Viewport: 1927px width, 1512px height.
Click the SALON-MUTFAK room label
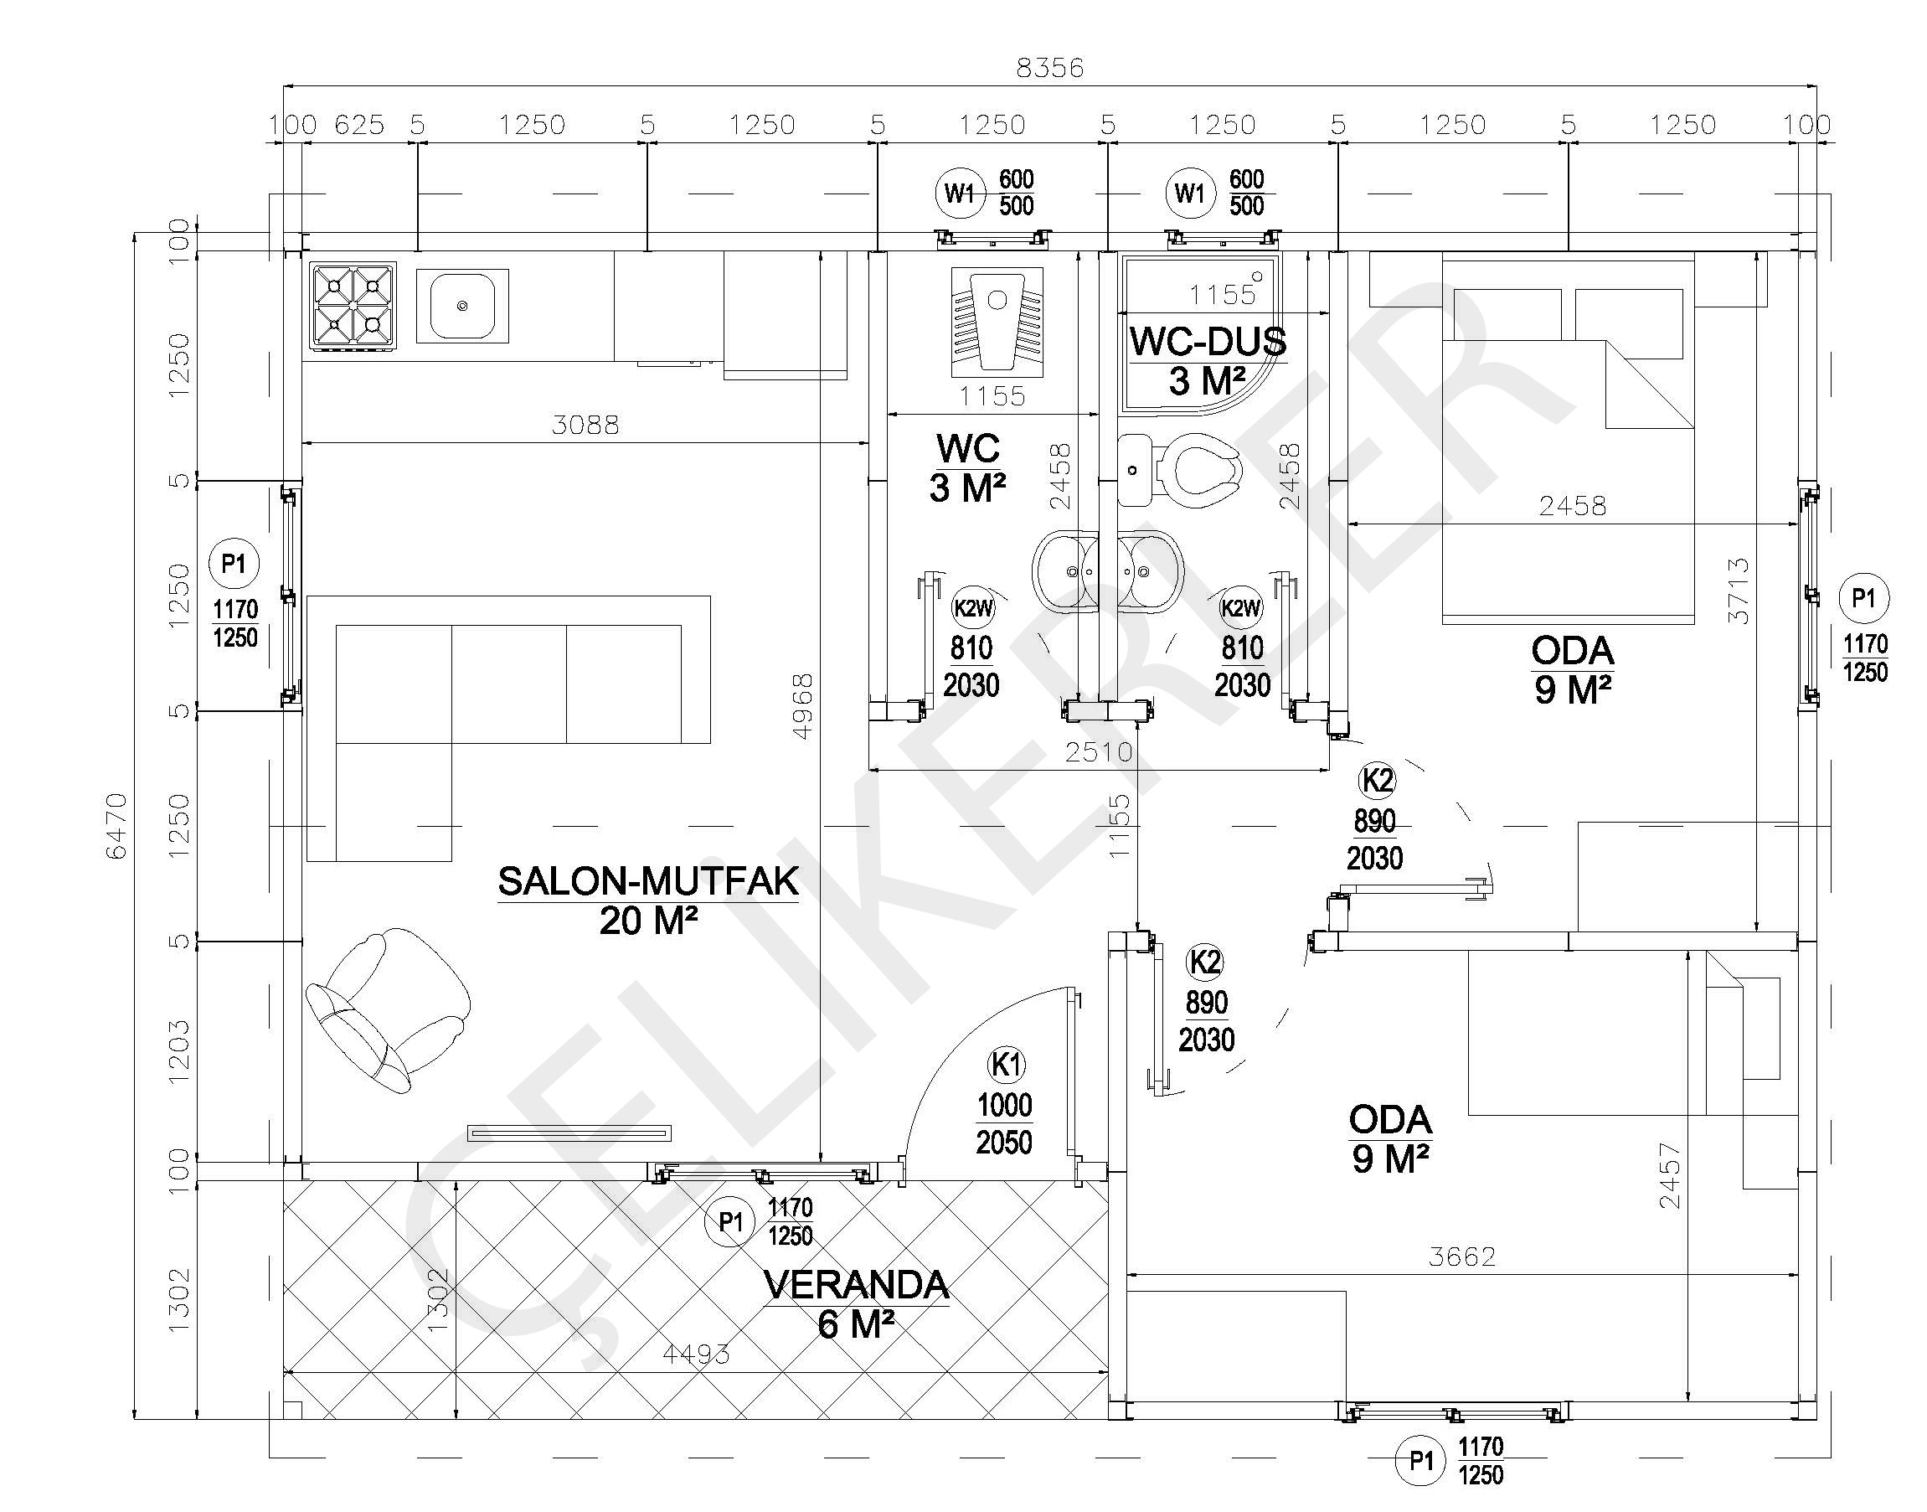[648, 882]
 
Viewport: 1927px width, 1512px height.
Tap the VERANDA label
[856, 1285]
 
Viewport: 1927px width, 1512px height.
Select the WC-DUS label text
[1208, 342]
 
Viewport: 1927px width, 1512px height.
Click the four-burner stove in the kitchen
[353, 307]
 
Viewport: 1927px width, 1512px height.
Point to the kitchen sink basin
[462, 306]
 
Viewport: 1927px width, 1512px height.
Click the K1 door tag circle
[1006, 1064]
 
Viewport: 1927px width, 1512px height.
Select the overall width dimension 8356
[1050, 68]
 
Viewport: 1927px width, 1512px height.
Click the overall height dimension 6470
[117, 826]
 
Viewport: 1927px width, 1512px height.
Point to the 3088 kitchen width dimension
[585, 426]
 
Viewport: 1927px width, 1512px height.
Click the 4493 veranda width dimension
[697, 1354]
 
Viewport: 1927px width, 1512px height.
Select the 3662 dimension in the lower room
[1462, 1257]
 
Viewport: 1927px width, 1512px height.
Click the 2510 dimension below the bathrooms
[1099, 752]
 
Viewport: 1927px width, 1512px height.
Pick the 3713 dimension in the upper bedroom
[1739, 591]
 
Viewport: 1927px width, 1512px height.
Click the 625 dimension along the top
[359, 125]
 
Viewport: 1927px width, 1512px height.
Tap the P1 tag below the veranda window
[730, 1222]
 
